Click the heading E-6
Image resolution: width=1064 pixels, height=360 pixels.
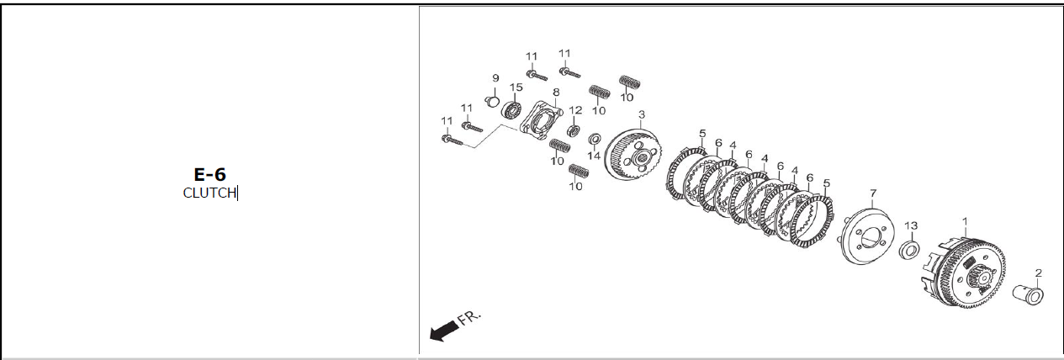point(209,175)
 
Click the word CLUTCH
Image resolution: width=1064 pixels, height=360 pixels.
point(209,193)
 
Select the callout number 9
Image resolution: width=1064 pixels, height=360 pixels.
point(495,78)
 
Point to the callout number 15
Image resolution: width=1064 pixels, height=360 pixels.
point(516,87)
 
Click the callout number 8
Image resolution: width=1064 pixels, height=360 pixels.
point(556,93)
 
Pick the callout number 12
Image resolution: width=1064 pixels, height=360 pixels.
point(575,110)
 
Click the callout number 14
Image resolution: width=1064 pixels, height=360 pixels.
point(594,156)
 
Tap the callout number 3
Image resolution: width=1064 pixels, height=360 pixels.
point(641,114)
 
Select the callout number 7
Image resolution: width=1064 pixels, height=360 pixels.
point(873,193)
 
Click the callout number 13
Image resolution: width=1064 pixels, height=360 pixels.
point(911,225)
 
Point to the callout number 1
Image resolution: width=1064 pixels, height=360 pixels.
point(965,221)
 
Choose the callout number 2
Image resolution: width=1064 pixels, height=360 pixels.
point(1039,273)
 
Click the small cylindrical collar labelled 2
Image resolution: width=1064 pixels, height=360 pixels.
point(1028,295)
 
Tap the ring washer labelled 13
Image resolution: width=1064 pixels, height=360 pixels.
point(909,251)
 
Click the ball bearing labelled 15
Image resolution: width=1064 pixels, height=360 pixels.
point(512,110)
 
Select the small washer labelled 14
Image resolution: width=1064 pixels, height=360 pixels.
point(594,139)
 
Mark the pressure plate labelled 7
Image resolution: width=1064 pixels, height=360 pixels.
point(868,238)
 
